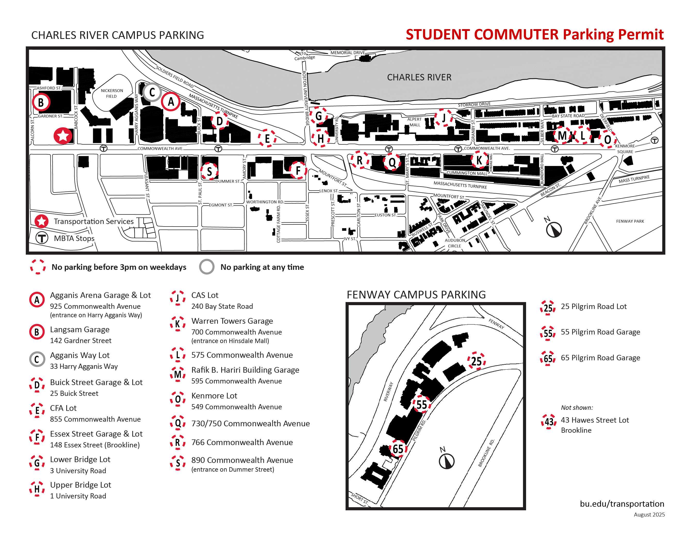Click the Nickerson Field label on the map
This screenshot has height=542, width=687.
pos(112,93)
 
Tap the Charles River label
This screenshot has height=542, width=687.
pos(419,77)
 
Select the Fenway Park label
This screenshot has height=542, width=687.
pos(630,221)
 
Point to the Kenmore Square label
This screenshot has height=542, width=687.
pos(625,149)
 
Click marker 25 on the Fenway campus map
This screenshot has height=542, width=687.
pos(476,361)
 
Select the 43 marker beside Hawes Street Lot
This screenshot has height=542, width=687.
pos(549,422)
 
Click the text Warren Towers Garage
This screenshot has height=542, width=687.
pos(232,321)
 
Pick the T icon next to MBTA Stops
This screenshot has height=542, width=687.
pos(42,238)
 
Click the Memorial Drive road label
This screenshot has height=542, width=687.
pos(348,53)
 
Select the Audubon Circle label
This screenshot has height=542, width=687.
pos(455,243)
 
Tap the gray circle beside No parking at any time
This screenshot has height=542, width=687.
pos(207,266)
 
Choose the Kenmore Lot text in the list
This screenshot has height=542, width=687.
pos(214,396)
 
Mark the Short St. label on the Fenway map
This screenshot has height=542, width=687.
pos(359,498)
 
